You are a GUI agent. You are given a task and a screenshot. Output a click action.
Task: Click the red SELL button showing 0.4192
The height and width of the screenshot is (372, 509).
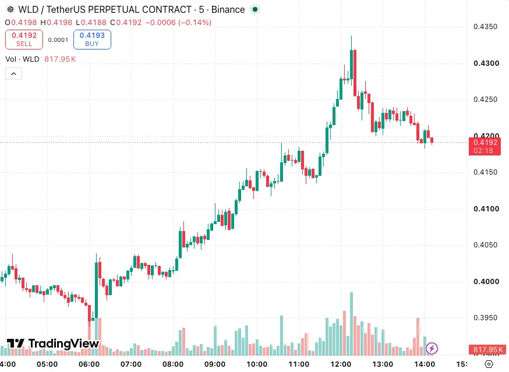(x=24, y=40)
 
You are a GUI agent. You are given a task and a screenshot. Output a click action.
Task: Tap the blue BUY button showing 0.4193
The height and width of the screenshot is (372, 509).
(x=92, y=40)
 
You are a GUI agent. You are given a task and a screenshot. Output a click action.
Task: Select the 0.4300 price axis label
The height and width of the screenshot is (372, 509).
(x=486, y=63)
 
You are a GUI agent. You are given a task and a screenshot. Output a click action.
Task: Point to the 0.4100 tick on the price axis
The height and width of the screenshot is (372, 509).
(x=486, y=209)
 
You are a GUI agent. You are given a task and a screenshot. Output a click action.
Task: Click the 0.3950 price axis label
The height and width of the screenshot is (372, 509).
(x=485, y=318)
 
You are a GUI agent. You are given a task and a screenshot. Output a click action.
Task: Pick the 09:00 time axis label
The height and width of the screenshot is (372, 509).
(x=215, y=364)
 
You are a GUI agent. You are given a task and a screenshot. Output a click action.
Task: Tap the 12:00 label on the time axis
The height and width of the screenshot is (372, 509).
(x=341, y=364)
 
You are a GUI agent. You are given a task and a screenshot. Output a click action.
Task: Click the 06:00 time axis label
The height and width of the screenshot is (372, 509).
(x=89, y=364)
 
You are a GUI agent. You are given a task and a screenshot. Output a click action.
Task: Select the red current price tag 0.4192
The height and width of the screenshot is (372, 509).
(x=485, y=146)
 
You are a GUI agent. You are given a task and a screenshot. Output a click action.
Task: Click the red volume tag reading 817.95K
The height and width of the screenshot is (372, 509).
(x=487, y=350)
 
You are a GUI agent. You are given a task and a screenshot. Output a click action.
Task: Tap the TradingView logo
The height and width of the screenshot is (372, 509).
(x=53, y=343)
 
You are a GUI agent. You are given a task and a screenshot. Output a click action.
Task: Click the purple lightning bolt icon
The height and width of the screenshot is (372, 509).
(x=432, y=349)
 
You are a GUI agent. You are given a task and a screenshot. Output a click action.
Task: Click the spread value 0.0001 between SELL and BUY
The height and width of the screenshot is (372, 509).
(x=58, y=40)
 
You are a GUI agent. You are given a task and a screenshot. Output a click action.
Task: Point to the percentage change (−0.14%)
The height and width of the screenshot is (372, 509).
(x=195, y=22)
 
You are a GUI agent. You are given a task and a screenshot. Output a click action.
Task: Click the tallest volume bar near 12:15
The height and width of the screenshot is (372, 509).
(x=351, y=324)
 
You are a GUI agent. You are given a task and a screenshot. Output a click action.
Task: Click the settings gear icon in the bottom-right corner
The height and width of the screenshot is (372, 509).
(x=489, y=364)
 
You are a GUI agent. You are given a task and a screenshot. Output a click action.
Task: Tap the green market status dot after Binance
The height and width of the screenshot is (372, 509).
(x=255, y=9)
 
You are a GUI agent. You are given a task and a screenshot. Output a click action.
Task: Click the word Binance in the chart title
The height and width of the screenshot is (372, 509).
(x=228, y=10)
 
